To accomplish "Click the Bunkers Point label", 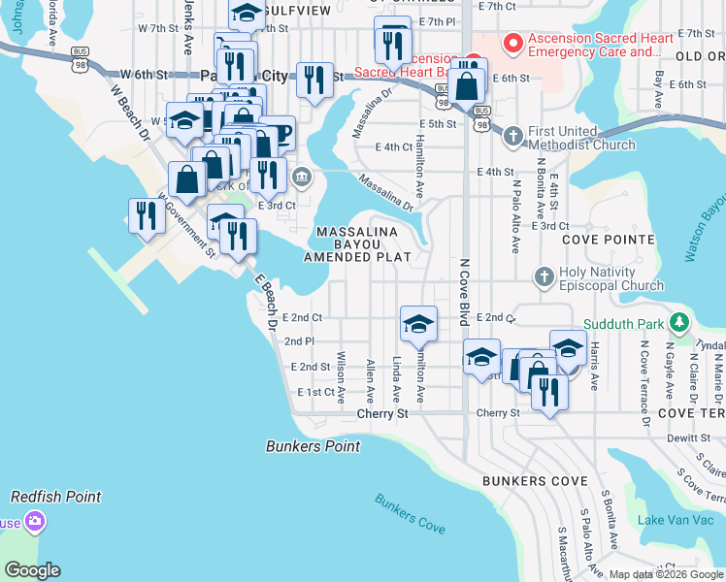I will coord(313,446).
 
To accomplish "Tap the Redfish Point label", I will coord(55,497).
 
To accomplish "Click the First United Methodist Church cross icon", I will coord(513,136).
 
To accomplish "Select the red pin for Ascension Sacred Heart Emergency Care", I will coord(512,44).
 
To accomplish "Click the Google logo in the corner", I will coord(32,570).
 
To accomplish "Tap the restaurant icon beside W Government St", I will coord(147,215).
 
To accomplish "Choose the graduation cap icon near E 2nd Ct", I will coord(418,323).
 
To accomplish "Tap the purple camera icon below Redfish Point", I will coord(36,524).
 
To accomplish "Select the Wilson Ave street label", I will coord(342,375).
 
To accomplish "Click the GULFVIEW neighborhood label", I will coord(299,10).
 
